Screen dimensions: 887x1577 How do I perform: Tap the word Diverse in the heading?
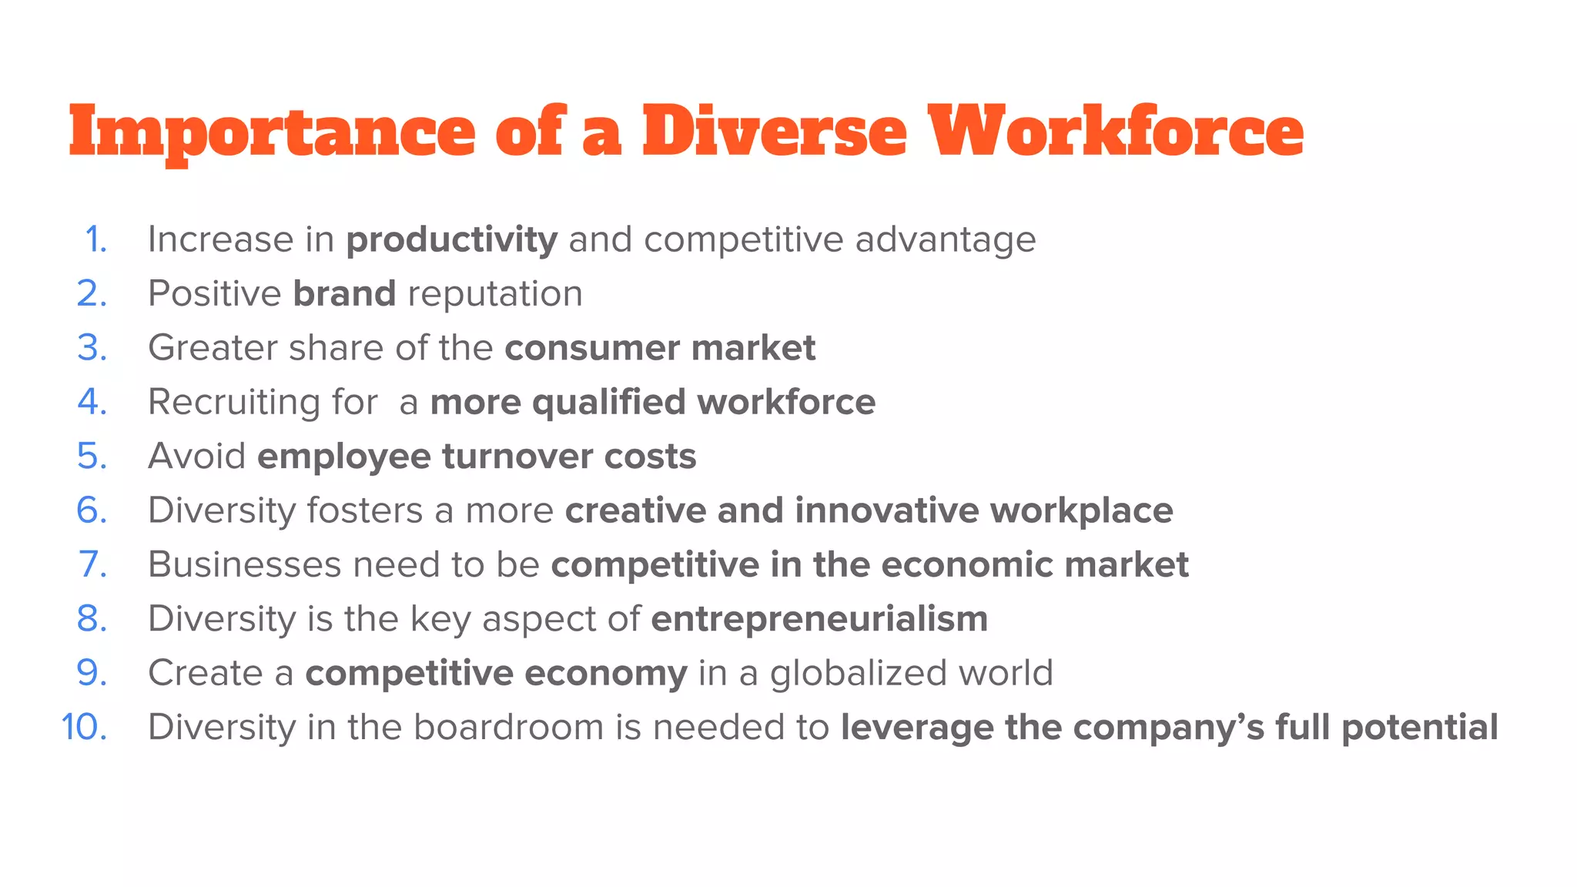click(775, 132)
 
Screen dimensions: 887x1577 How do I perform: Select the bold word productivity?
click(451, 240)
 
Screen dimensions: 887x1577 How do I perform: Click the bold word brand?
click(344, 294)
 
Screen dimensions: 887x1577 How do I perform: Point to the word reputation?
click(495, 294)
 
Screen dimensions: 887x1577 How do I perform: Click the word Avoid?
click(196, 457)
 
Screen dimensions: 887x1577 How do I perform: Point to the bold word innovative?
click(886, 510)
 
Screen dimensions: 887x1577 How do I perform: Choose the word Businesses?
click(244, 564)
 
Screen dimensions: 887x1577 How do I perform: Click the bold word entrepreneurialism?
click(819, 619)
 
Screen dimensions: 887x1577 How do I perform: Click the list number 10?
click(84, 728)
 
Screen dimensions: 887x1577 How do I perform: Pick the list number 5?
click(92, 457)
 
